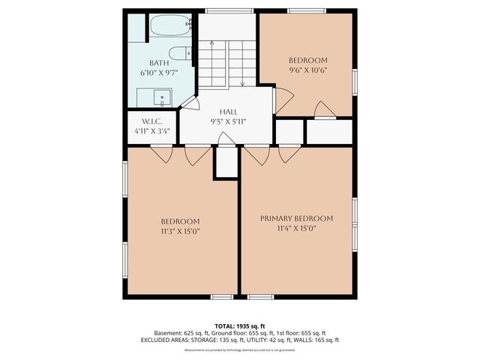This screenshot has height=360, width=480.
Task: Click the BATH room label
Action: click(x=158, y=63)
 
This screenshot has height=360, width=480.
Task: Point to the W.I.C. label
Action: click(x=152, y=121)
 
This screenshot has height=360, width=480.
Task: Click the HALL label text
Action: click(x=228, y=111)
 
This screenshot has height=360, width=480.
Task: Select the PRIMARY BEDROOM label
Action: click(x=296, y=218)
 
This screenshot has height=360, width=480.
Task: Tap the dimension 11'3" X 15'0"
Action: click(x=181, y=231)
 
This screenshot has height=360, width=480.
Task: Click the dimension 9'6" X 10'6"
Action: click(x=308, y=70)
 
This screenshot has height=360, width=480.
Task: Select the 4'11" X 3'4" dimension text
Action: click(x=152, y=131)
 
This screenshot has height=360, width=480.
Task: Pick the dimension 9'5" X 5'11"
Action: click(x=228, y=121)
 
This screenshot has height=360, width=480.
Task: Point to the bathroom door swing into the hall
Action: click(x=188, y=103)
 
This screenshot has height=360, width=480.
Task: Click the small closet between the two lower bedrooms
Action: click(x=226, y=163)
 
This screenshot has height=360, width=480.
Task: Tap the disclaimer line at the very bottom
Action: click(x=239, y=349)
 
